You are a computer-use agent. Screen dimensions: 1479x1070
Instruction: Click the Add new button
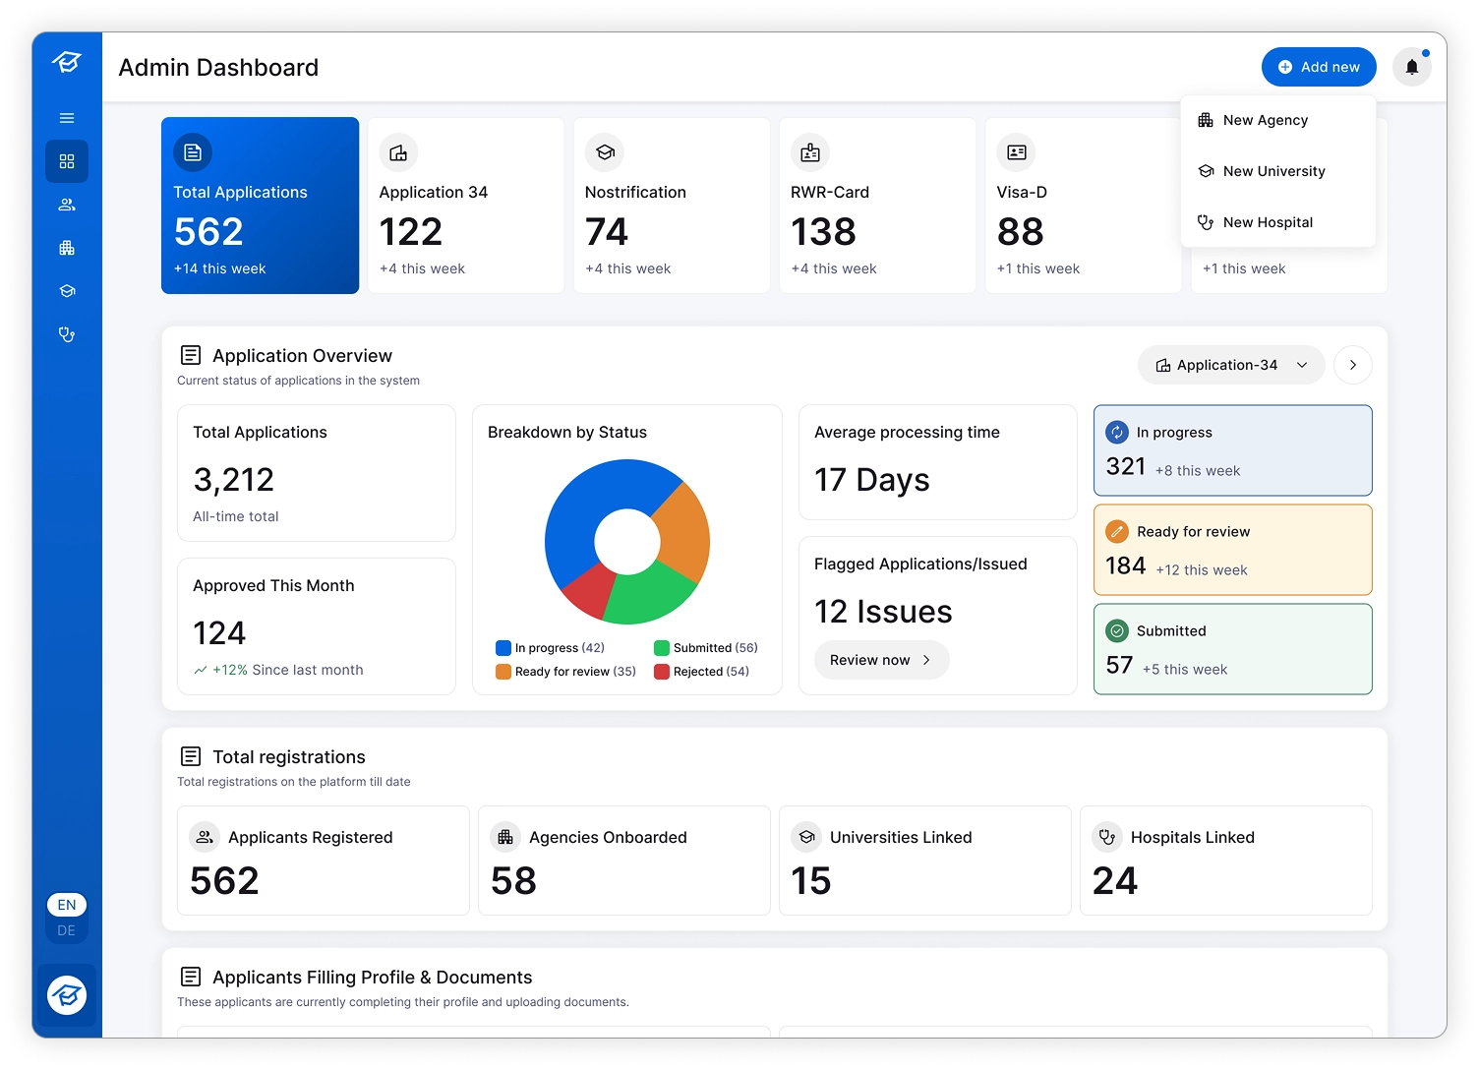tap(1319, 67)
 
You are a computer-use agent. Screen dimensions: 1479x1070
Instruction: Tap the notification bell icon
tap(1412, 67)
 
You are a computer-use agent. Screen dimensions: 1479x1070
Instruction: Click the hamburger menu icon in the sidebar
tap(67, 118)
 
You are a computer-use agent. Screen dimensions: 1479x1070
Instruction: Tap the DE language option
tap(66, 930)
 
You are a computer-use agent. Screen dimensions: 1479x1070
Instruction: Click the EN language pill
tap(67, 905)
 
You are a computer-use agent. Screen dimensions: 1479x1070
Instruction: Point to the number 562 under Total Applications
tap(208, 231)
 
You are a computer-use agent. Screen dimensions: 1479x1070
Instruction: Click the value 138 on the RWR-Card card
tap(823, 231)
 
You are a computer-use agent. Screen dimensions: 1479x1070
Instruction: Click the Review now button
tap(881, 660)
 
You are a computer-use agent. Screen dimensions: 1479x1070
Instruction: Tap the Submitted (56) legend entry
tap(706, 648)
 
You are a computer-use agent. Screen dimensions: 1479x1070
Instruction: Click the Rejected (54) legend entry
tap(701, 672)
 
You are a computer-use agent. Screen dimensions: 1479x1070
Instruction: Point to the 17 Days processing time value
tap(871, 480)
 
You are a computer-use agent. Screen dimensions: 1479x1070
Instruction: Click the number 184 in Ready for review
tap(1125, 566)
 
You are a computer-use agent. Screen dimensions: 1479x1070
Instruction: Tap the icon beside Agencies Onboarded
tap(505, 838)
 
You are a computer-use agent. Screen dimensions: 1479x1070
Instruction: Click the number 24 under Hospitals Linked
tap(1114, 881)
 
